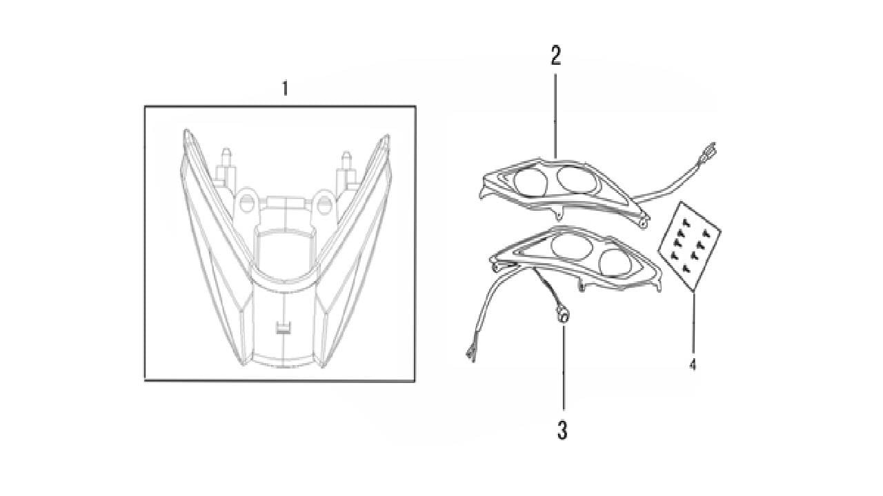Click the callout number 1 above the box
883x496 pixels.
click(x=285, y=88)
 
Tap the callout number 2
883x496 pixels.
click(x=555, y=56)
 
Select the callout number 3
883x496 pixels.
click(x=562, y=430)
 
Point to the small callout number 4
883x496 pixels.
click(x=693, y=365)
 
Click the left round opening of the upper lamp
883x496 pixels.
click(x=530, y=183)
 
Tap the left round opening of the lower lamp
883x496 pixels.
click(x=572, y=246)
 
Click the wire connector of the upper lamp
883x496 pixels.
click(x=707, y=154)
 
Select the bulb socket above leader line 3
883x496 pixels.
click(x=563, y=316)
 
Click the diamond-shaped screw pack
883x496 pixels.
click(x=689, y=247)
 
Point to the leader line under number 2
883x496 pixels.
click(x=555, y=116)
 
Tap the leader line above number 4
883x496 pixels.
click(x=693, y=322)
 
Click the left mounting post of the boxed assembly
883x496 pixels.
click(x=226, y=168)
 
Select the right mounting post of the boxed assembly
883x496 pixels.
click(x=346, y=170)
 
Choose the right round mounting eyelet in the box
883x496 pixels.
click(x=325, y=204)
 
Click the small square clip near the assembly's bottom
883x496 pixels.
click(x=283, y=329)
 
